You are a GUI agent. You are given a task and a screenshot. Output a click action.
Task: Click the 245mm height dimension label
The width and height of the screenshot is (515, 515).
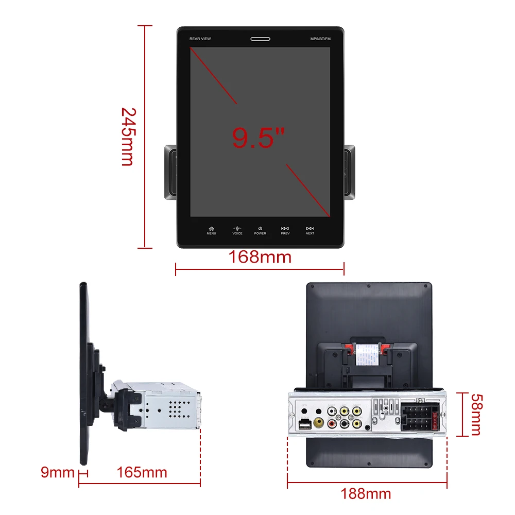click(x=127, y=136)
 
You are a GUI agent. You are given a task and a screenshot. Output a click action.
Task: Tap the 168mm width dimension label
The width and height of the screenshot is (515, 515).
click(x=260, y=256)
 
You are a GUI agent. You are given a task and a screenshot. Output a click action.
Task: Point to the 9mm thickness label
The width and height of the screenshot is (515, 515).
click(x=58, y=472)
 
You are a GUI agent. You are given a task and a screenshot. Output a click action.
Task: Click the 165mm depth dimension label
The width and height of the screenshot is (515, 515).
click(x=142, y=472)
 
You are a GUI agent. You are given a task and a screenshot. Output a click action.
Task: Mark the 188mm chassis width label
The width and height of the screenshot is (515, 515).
click(x=366, y=494)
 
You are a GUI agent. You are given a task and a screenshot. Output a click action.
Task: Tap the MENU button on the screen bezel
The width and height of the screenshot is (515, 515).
click(x=211, y=230)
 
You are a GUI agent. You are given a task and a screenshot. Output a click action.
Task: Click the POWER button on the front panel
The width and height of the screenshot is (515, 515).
click(x=260, y=230)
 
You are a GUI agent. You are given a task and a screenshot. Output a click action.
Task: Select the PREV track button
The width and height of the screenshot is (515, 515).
click(x=285, y=230)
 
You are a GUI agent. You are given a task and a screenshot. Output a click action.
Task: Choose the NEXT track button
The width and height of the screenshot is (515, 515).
click(x=310, y=230)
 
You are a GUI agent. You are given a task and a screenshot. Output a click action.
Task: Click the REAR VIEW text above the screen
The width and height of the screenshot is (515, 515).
click(x=200, y=39)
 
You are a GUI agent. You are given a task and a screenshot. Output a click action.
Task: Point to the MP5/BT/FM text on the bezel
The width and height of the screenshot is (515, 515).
click(x=320, y=39)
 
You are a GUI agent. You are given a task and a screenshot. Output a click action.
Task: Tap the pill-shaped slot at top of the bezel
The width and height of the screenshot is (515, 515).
click(x=260, y=39)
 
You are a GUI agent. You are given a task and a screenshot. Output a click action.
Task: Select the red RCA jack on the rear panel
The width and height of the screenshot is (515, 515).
click(x=332, y=424)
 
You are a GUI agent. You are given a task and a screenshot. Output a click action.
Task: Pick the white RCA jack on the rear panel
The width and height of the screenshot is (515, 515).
click(x=332, y=412)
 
